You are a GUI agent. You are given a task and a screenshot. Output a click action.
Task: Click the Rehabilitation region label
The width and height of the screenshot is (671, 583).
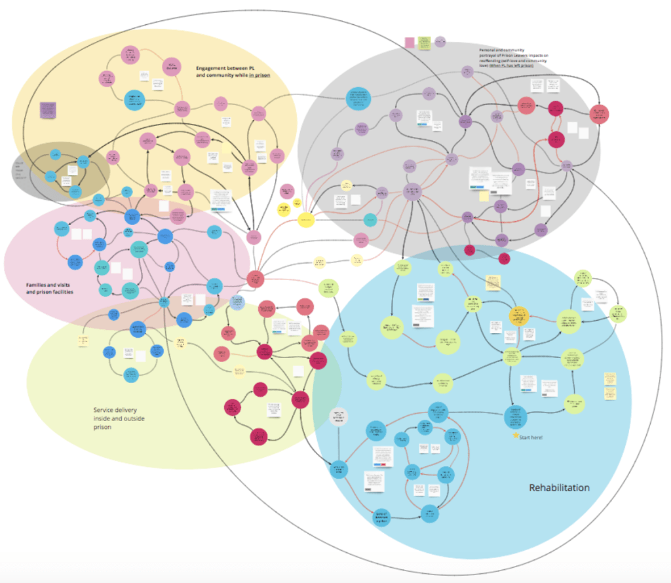[559, 488]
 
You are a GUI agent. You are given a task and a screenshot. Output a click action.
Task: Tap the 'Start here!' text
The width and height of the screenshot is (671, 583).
[531, 437]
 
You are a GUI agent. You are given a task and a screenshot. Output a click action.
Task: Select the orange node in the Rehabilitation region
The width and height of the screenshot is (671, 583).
[519, 315]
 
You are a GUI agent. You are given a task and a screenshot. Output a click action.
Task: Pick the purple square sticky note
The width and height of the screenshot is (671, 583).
[47, 109]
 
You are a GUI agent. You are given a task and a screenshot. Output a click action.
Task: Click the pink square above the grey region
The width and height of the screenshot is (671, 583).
[410, 43]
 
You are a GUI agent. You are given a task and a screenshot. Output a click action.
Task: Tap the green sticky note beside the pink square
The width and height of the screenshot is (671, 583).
[423, 43]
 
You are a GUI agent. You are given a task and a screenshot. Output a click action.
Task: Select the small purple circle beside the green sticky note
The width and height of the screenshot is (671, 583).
[440, 42]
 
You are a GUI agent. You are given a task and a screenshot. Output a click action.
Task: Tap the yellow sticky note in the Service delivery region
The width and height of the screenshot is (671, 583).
[83, 340]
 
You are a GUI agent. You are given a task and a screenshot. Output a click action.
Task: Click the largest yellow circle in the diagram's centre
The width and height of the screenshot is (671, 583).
[305, 220]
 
